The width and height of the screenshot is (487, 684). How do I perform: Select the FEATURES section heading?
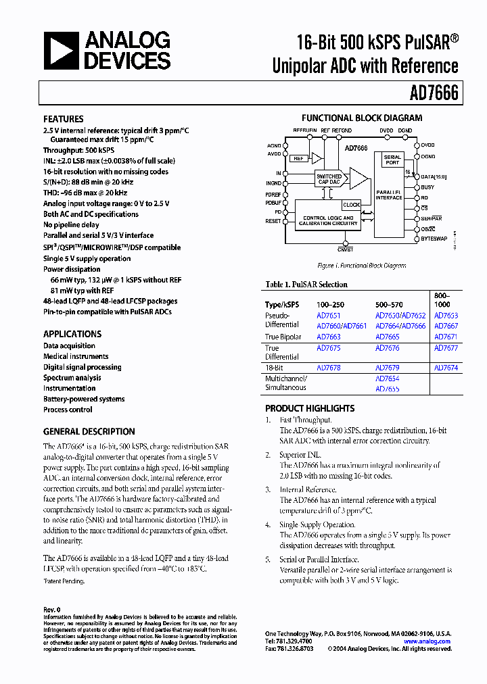coord(64,118)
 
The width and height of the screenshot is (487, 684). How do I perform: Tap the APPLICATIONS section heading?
coord(72,334)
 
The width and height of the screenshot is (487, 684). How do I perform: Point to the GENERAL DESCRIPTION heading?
coord(89,431)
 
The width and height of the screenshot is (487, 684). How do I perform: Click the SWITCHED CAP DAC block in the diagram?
coord(329,180)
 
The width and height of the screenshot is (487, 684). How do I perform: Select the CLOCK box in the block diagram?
coord(351,205)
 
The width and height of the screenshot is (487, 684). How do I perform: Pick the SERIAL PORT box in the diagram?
coord(392,160)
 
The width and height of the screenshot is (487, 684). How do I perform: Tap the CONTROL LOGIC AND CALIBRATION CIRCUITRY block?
coord(327,220)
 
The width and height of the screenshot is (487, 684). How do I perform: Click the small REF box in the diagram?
coord(298,158)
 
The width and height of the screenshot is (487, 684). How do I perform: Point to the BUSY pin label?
coord(427,187)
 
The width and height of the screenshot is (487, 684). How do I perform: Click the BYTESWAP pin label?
coord(434,239)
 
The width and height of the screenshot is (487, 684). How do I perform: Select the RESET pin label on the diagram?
coord(273,221)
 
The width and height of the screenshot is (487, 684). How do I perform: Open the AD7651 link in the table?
coord(329,316)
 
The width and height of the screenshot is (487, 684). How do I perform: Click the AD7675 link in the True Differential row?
coord(329,348)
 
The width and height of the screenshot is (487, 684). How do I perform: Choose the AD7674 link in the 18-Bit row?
coord(446,368)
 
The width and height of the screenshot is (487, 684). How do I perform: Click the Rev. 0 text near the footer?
coord(52,610)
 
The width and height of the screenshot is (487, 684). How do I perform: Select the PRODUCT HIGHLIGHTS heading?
coord(310,408)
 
